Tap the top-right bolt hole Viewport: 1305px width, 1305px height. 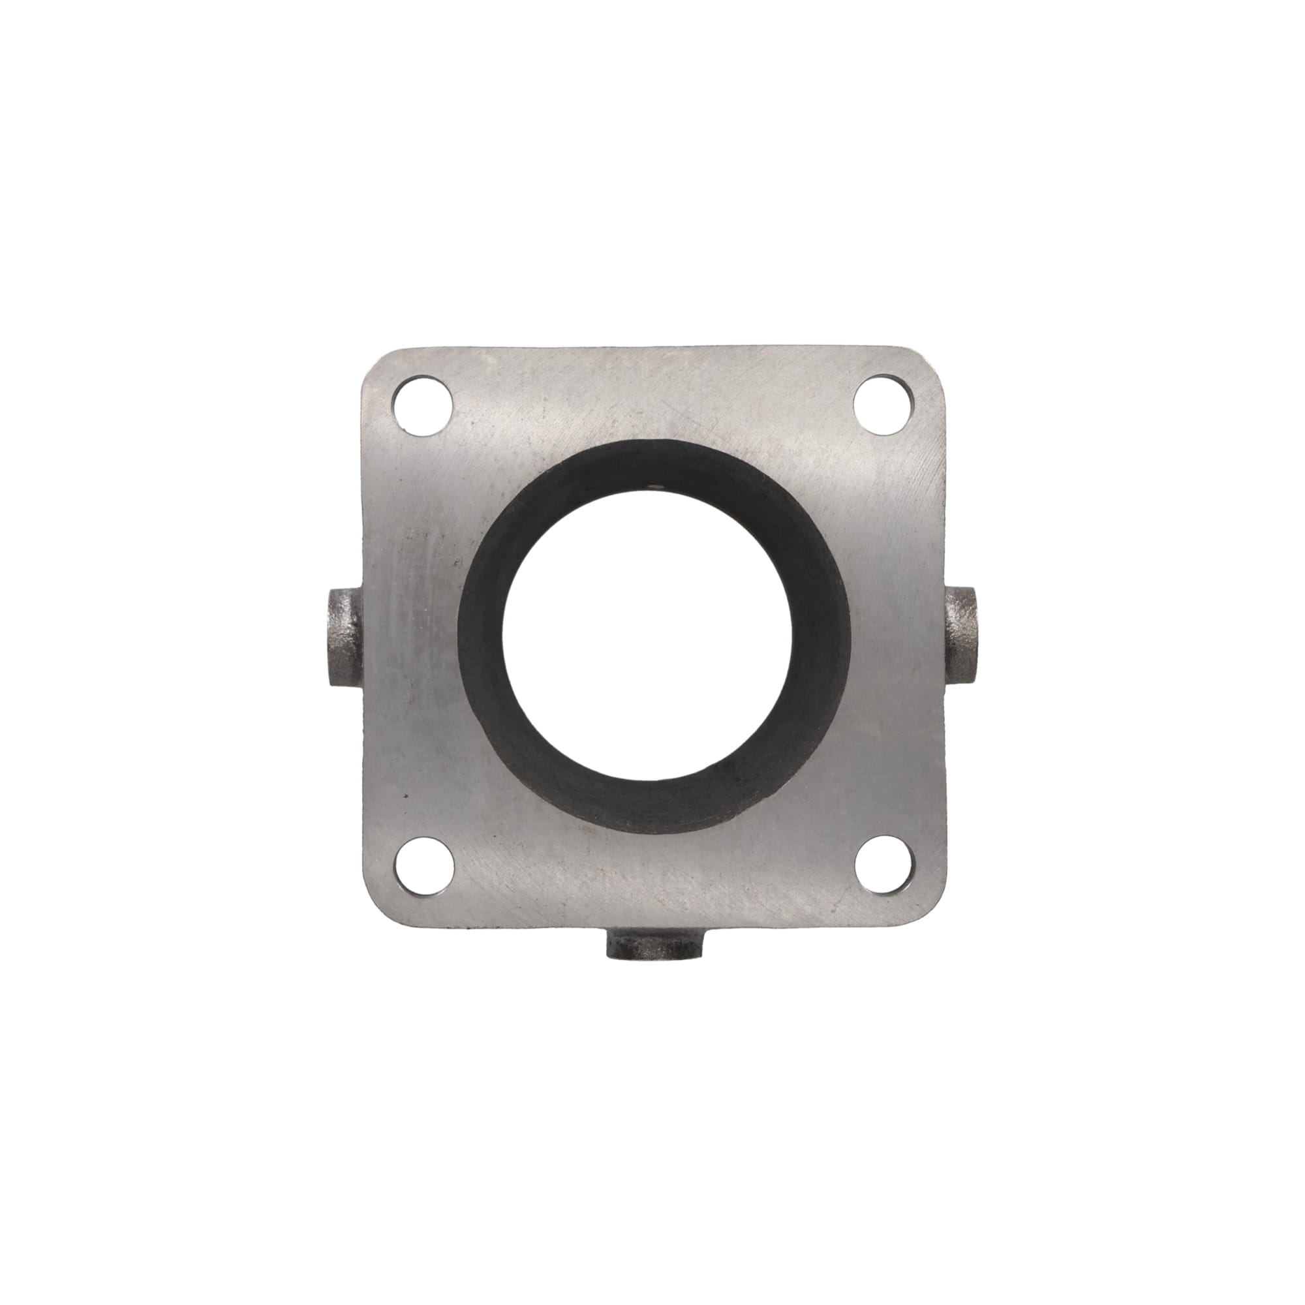[882, 403]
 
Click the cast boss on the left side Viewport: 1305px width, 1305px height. [343, 637]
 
